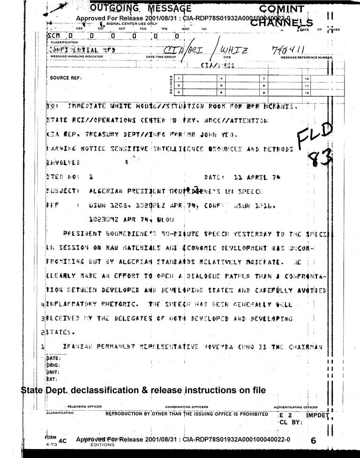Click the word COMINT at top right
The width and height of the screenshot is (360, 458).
[x=282, y=9]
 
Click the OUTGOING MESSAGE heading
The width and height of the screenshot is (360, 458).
[x=140, y=8]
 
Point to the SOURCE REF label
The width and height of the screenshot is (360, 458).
[x=66, y=78]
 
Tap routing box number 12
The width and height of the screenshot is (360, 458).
[x=307, y=93]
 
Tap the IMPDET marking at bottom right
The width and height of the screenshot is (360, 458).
[x=318, y=415]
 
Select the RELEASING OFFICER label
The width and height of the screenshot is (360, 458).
[x=85, y=406]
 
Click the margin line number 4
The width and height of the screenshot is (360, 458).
[x=43, y=305]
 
